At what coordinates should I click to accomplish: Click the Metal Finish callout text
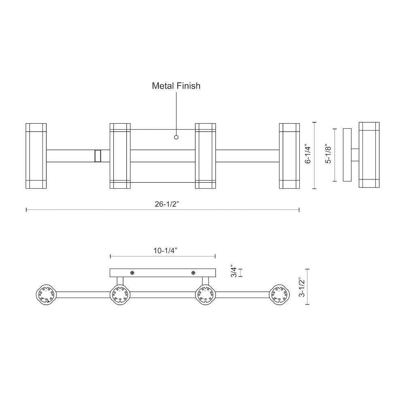coord(176,86)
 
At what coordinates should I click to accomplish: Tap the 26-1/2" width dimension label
coord(167,204)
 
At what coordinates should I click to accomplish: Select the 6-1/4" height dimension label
coord(308,155)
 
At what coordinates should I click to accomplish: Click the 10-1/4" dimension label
coord(165,251)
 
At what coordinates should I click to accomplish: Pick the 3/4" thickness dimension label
coord(234,271)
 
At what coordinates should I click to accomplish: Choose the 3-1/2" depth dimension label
coord(302,287)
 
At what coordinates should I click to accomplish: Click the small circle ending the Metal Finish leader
coord(176,137)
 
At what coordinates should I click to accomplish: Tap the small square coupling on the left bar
coord(98,156)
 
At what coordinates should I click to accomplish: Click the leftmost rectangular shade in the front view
coord(36,156)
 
